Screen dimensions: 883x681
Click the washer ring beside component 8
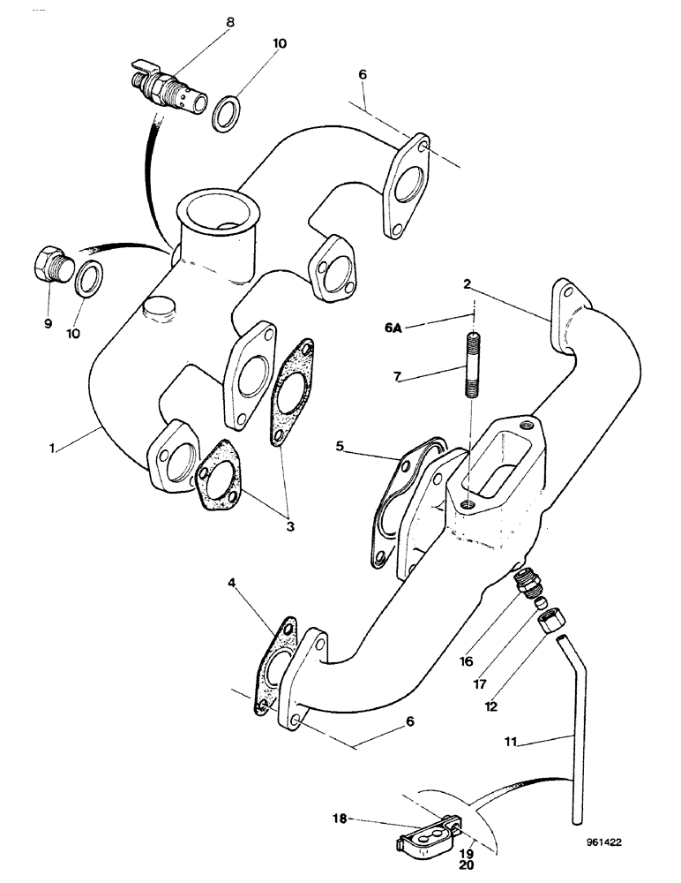(x=227, y=113)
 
